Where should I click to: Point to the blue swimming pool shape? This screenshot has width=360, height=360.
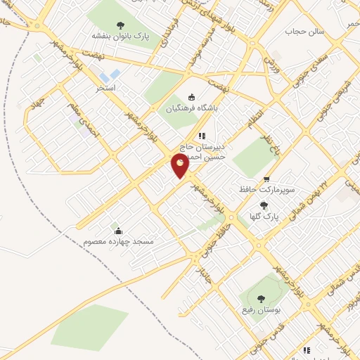tap(110, 75)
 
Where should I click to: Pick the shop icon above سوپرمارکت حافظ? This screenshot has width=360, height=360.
tap(266, 179)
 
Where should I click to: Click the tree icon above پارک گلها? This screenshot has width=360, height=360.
tap(264, 205)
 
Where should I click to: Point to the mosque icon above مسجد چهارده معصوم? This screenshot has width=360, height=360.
tap(118, 231)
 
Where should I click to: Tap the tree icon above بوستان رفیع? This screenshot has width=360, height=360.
tap(262, 300)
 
